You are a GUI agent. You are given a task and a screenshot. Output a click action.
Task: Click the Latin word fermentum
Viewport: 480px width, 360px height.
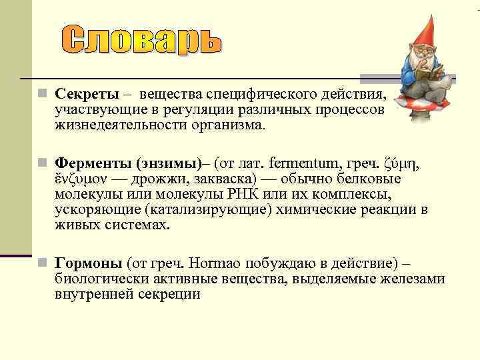point(313,163)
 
